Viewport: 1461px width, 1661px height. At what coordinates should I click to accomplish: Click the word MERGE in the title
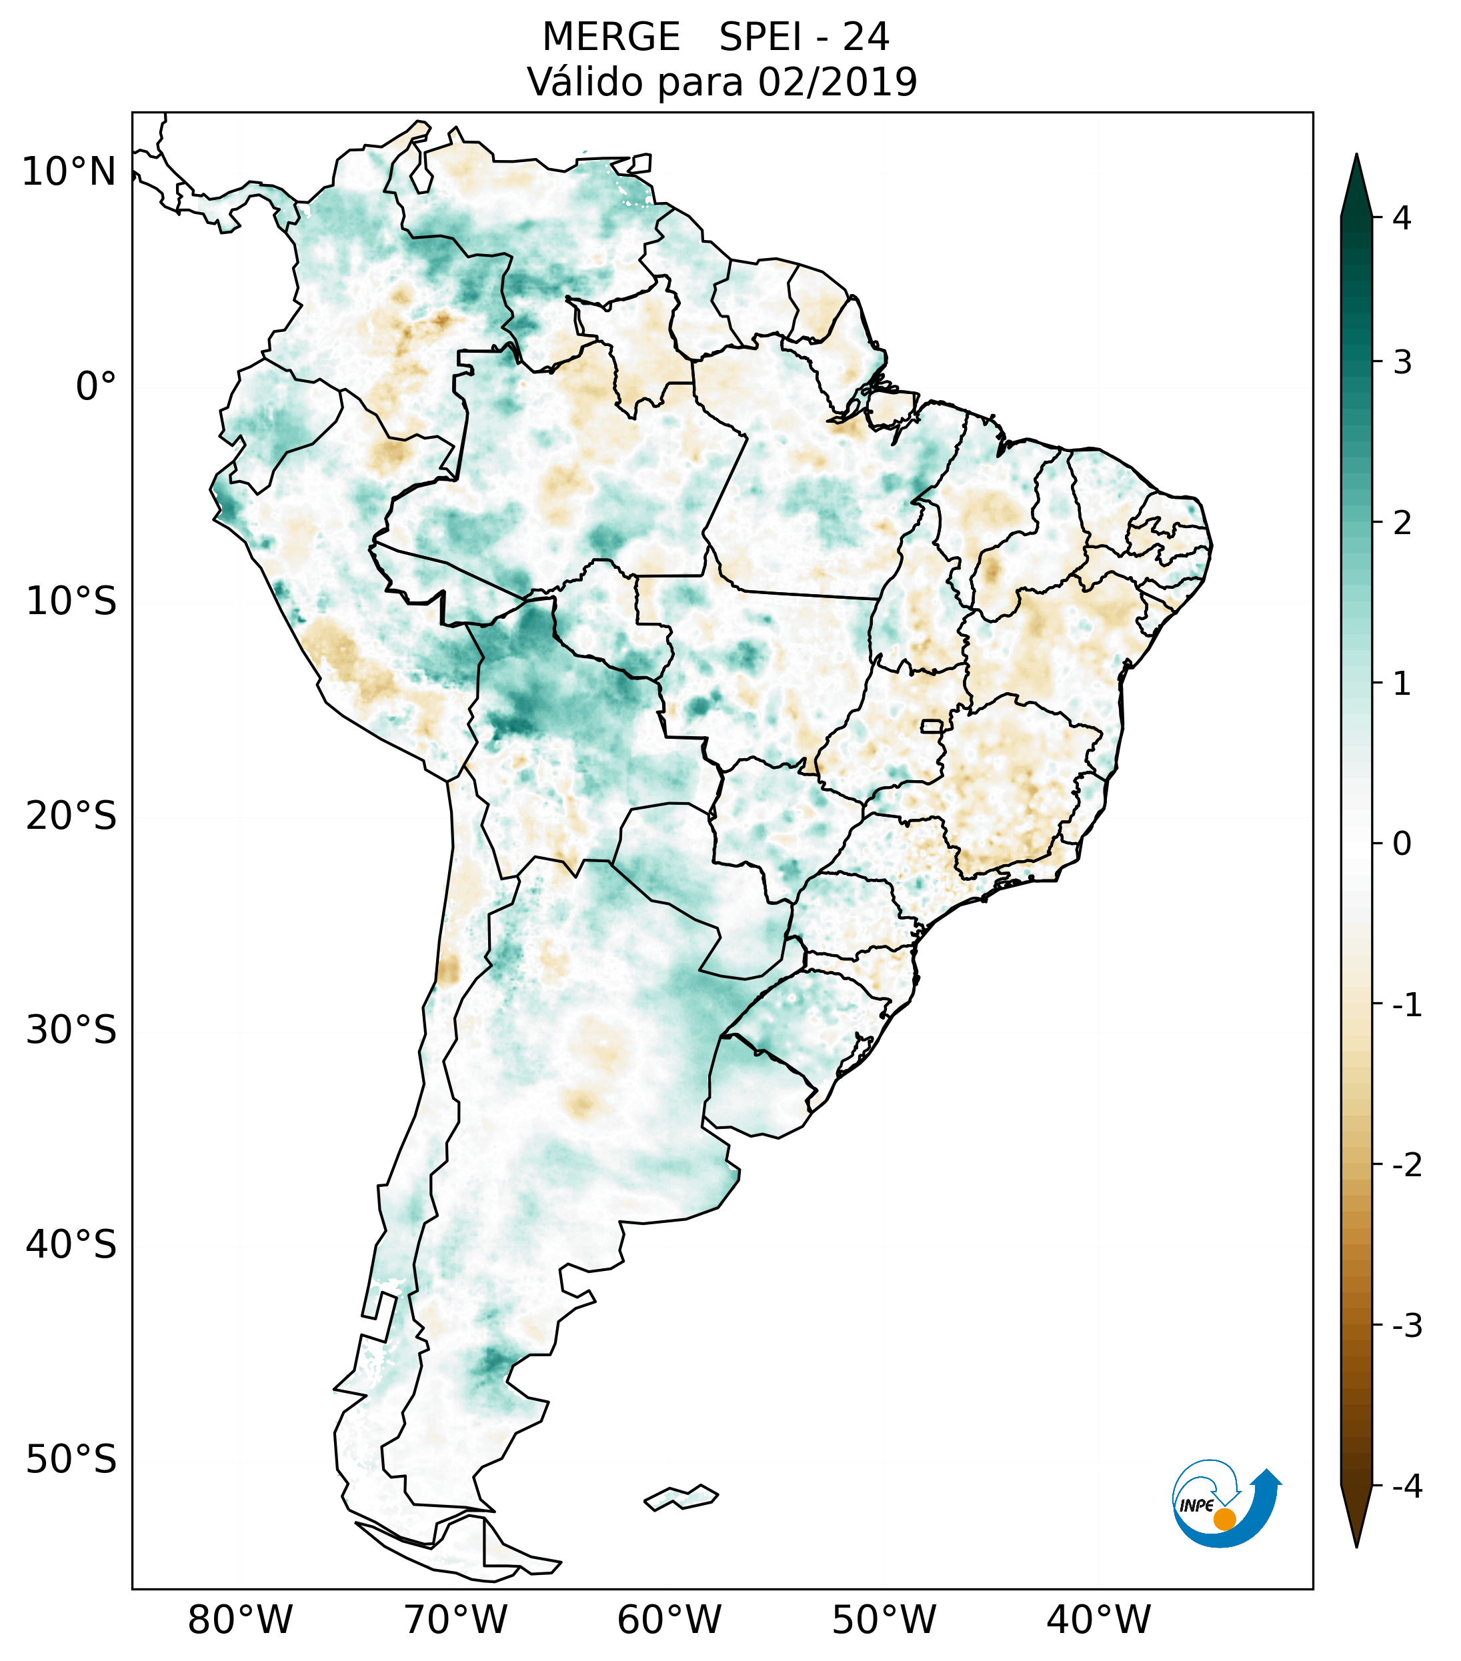click(611, 37)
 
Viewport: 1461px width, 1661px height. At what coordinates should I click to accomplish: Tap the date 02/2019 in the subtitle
click(837, 82)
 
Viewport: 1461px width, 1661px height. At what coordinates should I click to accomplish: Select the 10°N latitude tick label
click(68, 172)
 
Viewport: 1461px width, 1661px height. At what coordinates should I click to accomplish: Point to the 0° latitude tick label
click(96, 387)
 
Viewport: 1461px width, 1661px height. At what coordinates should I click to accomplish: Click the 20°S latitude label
click(71, 816)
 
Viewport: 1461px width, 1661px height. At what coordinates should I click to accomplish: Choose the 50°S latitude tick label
click(71, 1460)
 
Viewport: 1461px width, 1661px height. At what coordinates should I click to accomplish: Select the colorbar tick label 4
click(1402, 218)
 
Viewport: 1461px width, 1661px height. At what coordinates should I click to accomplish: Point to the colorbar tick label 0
click(1402, 844)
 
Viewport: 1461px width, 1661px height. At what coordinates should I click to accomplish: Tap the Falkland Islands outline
click(681, 1497)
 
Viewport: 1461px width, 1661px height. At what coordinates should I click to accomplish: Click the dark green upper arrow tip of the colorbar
click(1356, 183)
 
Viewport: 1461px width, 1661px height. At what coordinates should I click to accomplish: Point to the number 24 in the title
click(866, 37)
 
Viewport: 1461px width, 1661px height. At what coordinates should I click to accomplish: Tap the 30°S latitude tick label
click(71, 1030)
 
